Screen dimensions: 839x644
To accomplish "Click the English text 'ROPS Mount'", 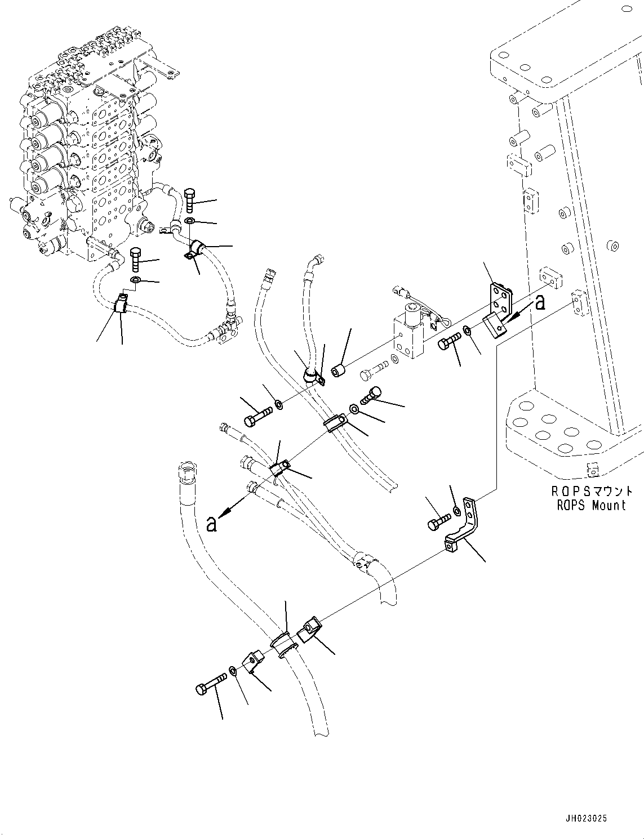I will [x=591, y=506].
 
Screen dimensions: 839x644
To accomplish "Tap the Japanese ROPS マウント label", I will [x=591, y=492].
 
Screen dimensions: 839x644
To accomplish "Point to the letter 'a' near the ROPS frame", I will [x=540, y=303].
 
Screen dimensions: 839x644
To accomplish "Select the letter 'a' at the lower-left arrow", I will [x=211, y=525].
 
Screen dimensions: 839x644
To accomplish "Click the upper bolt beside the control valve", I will [x=190, y=201].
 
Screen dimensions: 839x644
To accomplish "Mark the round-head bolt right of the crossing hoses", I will [x=374, y=395].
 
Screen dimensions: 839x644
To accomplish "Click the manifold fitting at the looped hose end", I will [x=228, y=332].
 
